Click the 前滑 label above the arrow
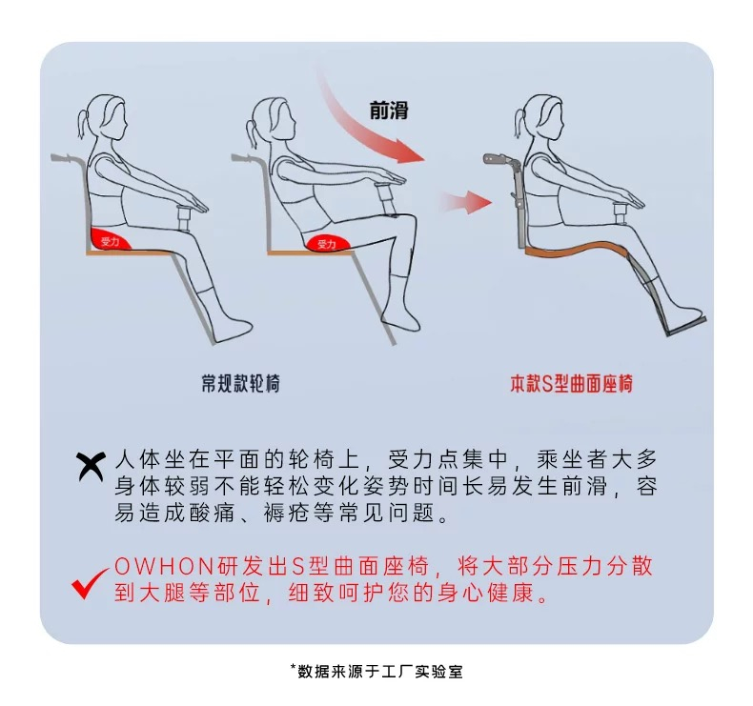coord(389,110)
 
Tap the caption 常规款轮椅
coord(240,383)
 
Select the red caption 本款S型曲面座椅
coord(572,383)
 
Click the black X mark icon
coord(91,466)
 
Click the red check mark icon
coord(89,583)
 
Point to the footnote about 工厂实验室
coord(377,671)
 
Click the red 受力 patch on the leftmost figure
coord(111,240)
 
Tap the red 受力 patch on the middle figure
coord(326,243)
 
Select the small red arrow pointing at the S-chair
coord(466,202)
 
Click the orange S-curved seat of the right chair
coord(577,248)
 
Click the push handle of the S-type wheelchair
coord(495,160)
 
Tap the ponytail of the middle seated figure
coord(252,132)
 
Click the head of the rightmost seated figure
coord(542,117)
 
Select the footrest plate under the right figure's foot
coord(686,326)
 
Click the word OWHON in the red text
coord(164,567)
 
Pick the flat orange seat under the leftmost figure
coord(130,252)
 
